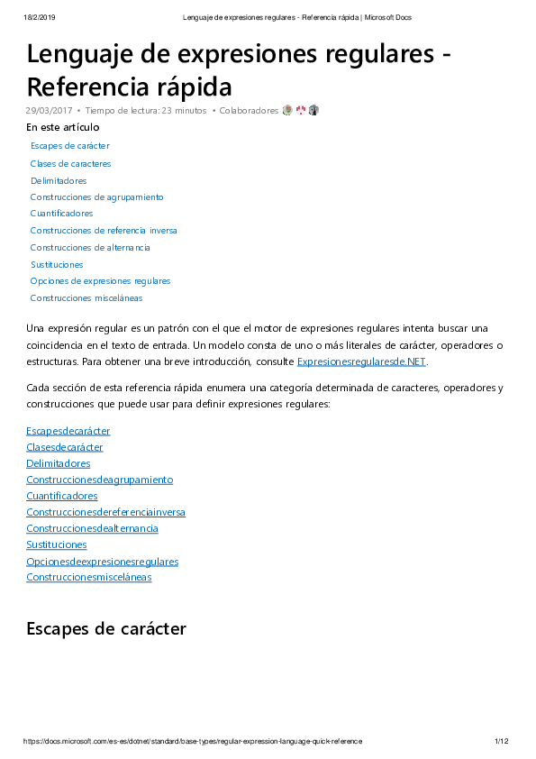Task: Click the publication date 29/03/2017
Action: (50, 110)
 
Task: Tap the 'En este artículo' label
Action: (62, 127)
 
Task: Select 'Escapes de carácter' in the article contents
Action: (69, 146)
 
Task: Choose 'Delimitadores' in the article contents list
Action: (58, 180)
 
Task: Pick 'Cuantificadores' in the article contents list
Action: (61, 214)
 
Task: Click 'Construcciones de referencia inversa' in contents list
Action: (103, 231)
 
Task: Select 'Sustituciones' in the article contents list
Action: (56, 265)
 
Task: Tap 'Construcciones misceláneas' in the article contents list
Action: (86, 298)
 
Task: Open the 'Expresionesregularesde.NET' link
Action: (361, 361)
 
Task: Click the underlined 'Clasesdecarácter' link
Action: (64, 447)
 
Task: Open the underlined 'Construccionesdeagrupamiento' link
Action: (99, 480)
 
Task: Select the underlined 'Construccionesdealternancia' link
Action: (92, 528)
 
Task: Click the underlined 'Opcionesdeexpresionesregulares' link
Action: (102, 562)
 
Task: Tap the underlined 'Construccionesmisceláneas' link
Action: (88, 577)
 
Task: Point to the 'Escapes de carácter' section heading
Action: (105, 628)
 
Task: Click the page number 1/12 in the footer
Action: (502, 741)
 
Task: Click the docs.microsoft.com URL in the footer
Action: (193, 741)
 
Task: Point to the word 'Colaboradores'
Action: (249, 110)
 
